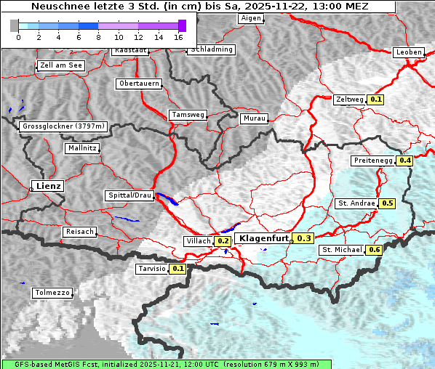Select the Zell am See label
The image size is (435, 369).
pyautogui.click(x=60, y=65)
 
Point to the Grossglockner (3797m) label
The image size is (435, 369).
pyautogui.click(x=63, y=126)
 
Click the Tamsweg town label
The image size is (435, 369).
pyautogui.click(x=188, y=115)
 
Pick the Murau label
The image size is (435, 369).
pyautogui.click(x=255, y=118)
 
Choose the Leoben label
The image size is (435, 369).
pyautogui.click(x=407, y=52)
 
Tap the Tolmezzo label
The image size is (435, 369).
pyautogui.click(x=52, y=293)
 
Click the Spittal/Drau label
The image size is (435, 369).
pyautogui.click(x=129, y=195)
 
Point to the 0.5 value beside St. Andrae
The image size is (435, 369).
pyautogui.click(x=388, y=203)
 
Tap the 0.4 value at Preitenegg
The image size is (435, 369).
pyautogui.click(x=404, y=161)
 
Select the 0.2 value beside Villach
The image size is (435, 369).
pyautogui.click(x=223, y=240)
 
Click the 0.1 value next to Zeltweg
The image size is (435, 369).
pyautogui.click(x=376, y=100)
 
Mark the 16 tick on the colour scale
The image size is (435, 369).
pyautogui.click(x=178, y=37)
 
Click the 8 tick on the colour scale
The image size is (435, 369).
pyautogui.click(x=98, y=37)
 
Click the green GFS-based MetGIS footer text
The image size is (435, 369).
pyautogui.click(x=166, y=364)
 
